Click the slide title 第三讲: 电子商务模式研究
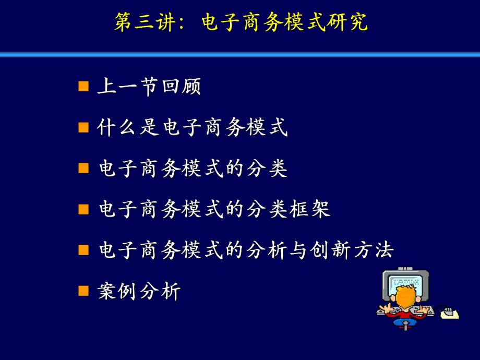click(x=241, y=22)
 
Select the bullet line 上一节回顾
click(x=149, y=87)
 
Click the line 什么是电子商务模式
click(x=193, y=128)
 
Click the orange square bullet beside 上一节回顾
click(x=83, y=86)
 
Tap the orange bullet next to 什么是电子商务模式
click(x=83, y=127)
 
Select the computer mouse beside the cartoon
click(x=449, y=313)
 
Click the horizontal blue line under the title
click(x=240, y=54)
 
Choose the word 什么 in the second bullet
click(x=117, y=128)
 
